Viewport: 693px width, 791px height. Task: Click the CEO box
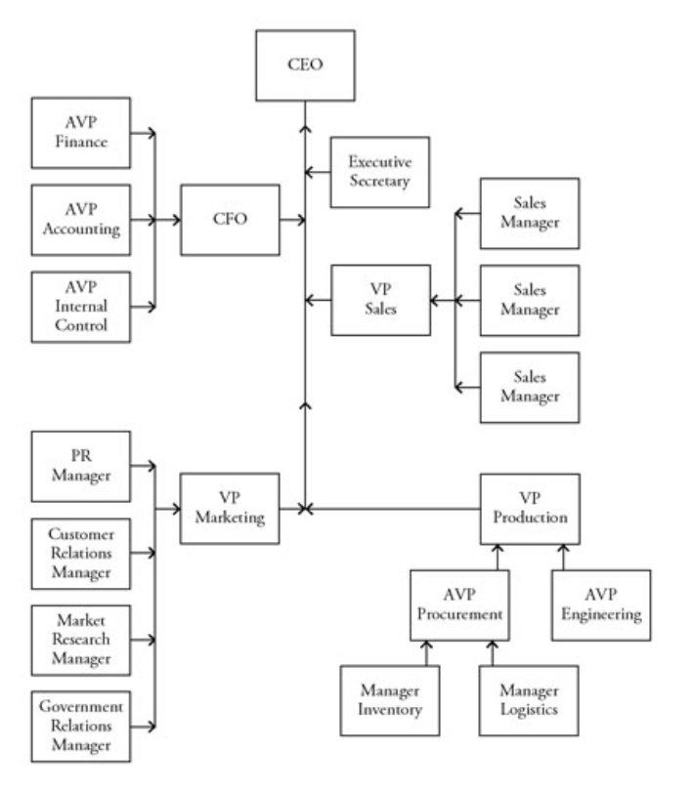[304, 66]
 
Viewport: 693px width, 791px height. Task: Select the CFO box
[230, 219]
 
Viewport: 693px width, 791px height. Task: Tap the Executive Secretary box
[380, 172]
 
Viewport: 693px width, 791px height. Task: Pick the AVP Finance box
[81, 133]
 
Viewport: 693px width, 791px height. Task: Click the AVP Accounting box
[81, 221]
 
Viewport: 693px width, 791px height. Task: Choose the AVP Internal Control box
[81, 307]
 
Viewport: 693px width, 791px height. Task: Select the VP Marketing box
[230, 508]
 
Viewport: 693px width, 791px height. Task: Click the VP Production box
[530, 508]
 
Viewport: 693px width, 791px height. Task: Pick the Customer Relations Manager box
[81, 554]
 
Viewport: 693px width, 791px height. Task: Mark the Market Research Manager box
[81, 640]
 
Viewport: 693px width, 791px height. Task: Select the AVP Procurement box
[459, 604]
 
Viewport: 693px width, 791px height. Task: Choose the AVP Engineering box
[601, 604]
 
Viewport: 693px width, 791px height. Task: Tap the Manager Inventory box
[389, 700]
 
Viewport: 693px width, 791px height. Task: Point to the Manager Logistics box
[529, 700]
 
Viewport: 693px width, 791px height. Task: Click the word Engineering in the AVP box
[601, 615]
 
